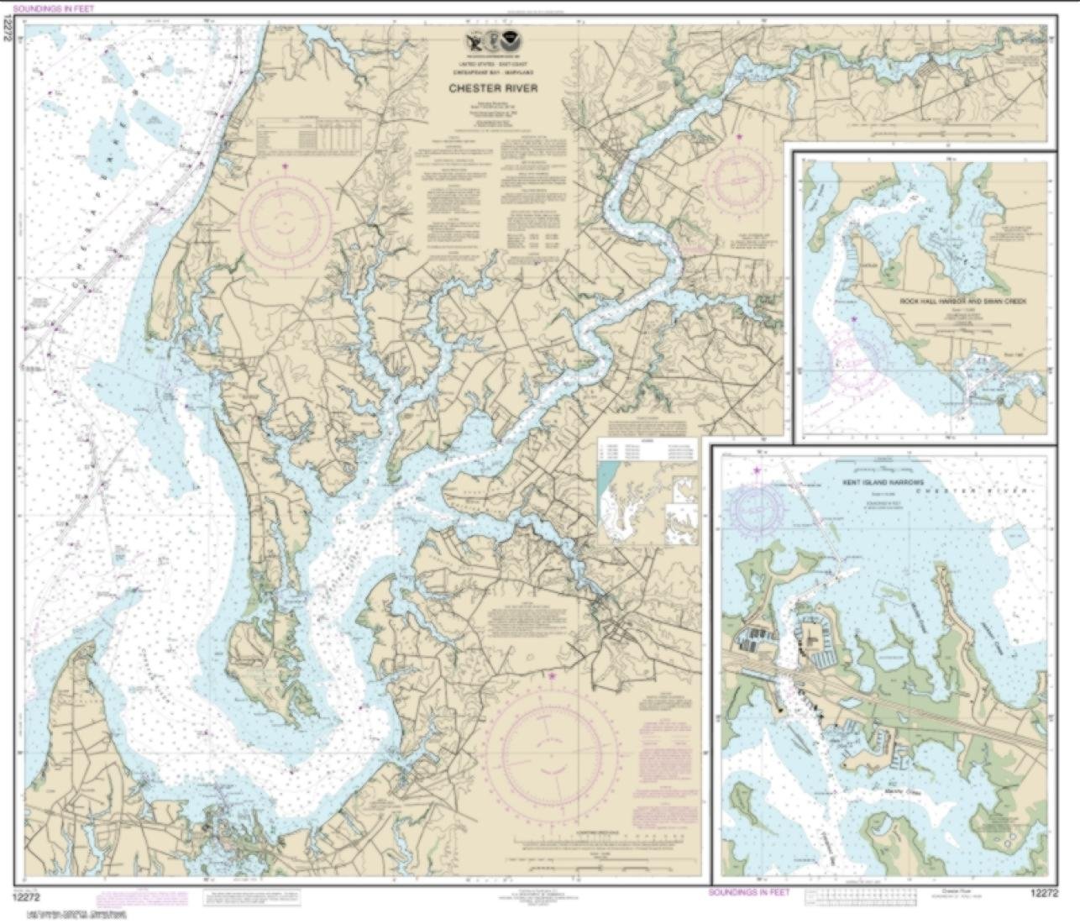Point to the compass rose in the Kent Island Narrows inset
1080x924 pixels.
758,509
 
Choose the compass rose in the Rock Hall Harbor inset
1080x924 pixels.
855,359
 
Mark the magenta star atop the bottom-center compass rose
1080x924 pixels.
552,675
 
